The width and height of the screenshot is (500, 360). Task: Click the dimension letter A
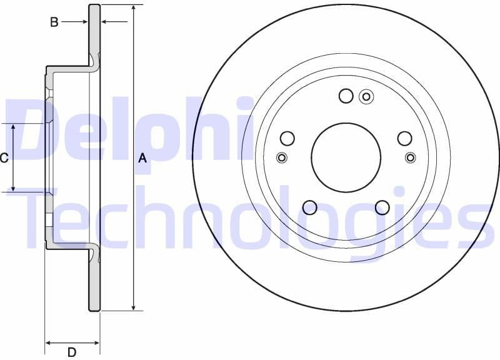click(142, 158)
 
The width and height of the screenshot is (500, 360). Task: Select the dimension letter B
click(54, 22)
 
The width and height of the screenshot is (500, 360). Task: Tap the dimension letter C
click(4, 158)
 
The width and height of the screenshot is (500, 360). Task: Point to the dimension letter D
click(72, 352)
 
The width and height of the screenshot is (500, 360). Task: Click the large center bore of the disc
click(346, 157)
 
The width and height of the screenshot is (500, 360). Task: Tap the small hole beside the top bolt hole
click(366, 96)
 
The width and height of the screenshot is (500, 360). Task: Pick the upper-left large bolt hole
click(287, 138)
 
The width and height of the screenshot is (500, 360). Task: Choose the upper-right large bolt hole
click(405, 138)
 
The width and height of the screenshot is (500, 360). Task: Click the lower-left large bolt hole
click(309, 207)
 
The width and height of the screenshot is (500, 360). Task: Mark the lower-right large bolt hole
click(382, 207)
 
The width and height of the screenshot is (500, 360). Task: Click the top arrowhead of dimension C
click(14, 127)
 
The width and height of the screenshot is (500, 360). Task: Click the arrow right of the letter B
click(83, 22)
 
